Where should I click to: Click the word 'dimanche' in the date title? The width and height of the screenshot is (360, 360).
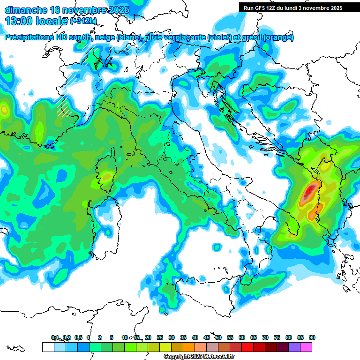tap(26, 10)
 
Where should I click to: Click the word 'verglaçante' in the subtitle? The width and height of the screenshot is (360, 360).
tap(183, 37)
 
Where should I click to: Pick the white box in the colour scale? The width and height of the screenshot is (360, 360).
tap(48, 347)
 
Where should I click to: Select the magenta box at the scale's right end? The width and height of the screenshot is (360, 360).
tap(306, 347)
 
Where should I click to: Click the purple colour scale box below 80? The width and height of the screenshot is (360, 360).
tap(294, 347)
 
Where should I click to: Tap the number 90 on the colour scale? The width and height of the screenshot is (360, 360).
tap(312, 337)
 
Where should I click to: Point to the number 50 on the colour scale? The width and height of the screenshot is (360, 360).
tap(218, 337)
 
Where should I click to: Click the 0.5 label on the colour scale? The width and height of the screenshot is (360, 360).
tap(78, 337)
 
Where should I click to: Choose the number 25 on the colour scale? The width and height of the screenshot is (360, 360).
tap(160, 337)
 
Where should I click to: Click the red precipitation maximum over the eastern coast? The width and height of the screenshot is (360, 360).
tap(310, 192)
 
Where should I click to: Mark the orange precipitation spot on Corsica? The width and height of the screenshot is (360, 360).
tap(107, 177)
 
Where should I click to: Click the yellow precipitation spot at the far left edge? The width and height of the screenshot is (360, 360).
tap(4, 110)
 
